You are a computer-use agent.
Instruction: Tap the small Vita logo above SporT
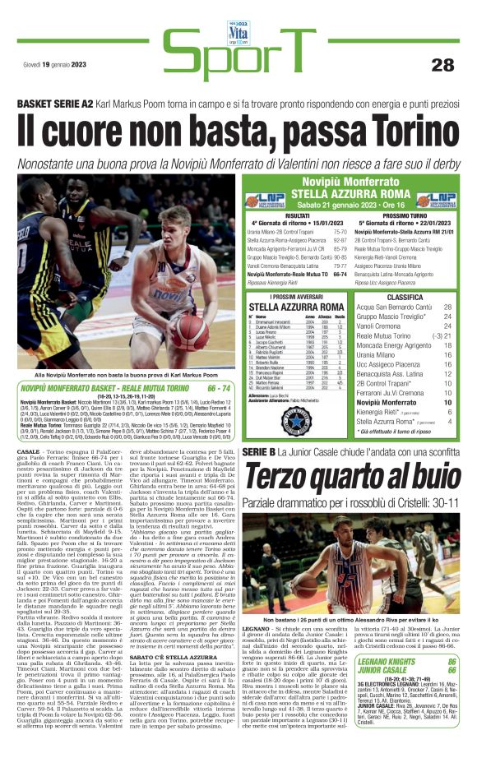238,12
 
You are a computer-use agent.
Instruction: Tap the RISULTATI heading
298,215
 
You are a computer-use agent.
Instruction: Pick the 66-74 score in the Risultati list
339,274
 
